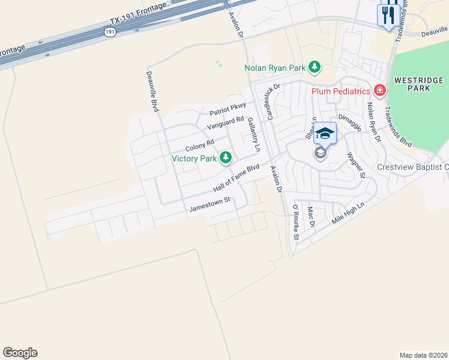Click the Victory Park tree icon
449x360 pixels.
click(x=226, y=158)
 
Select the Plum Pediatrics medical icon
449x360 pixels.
click(x=379, y=91)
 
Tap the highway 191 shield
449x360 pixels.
click(x=109, y=32)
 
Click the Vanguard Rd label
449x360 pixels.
click(x=225, y=123)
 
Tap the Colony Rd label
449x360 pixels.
click(x=199, y=146)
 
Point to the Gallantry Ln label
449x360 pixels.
click(x=254, y=134)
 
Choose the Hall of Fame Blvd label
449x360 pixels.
click(x=236, y=179)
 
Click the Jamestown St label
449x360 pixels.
click(x=210, y=205)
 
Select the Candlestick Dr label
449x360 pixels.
click(x=266, y=101)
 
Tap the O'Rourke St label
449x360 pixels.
click(x=295, y=222)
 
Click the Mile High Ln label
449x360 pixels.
click(x=348, y=214)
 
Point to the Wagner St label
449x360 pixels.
click(x=356, y=165)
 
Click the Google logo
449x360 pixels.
click(x=20, y=353)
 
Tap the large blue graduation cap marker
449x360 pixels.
click(x=325, y=133)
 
